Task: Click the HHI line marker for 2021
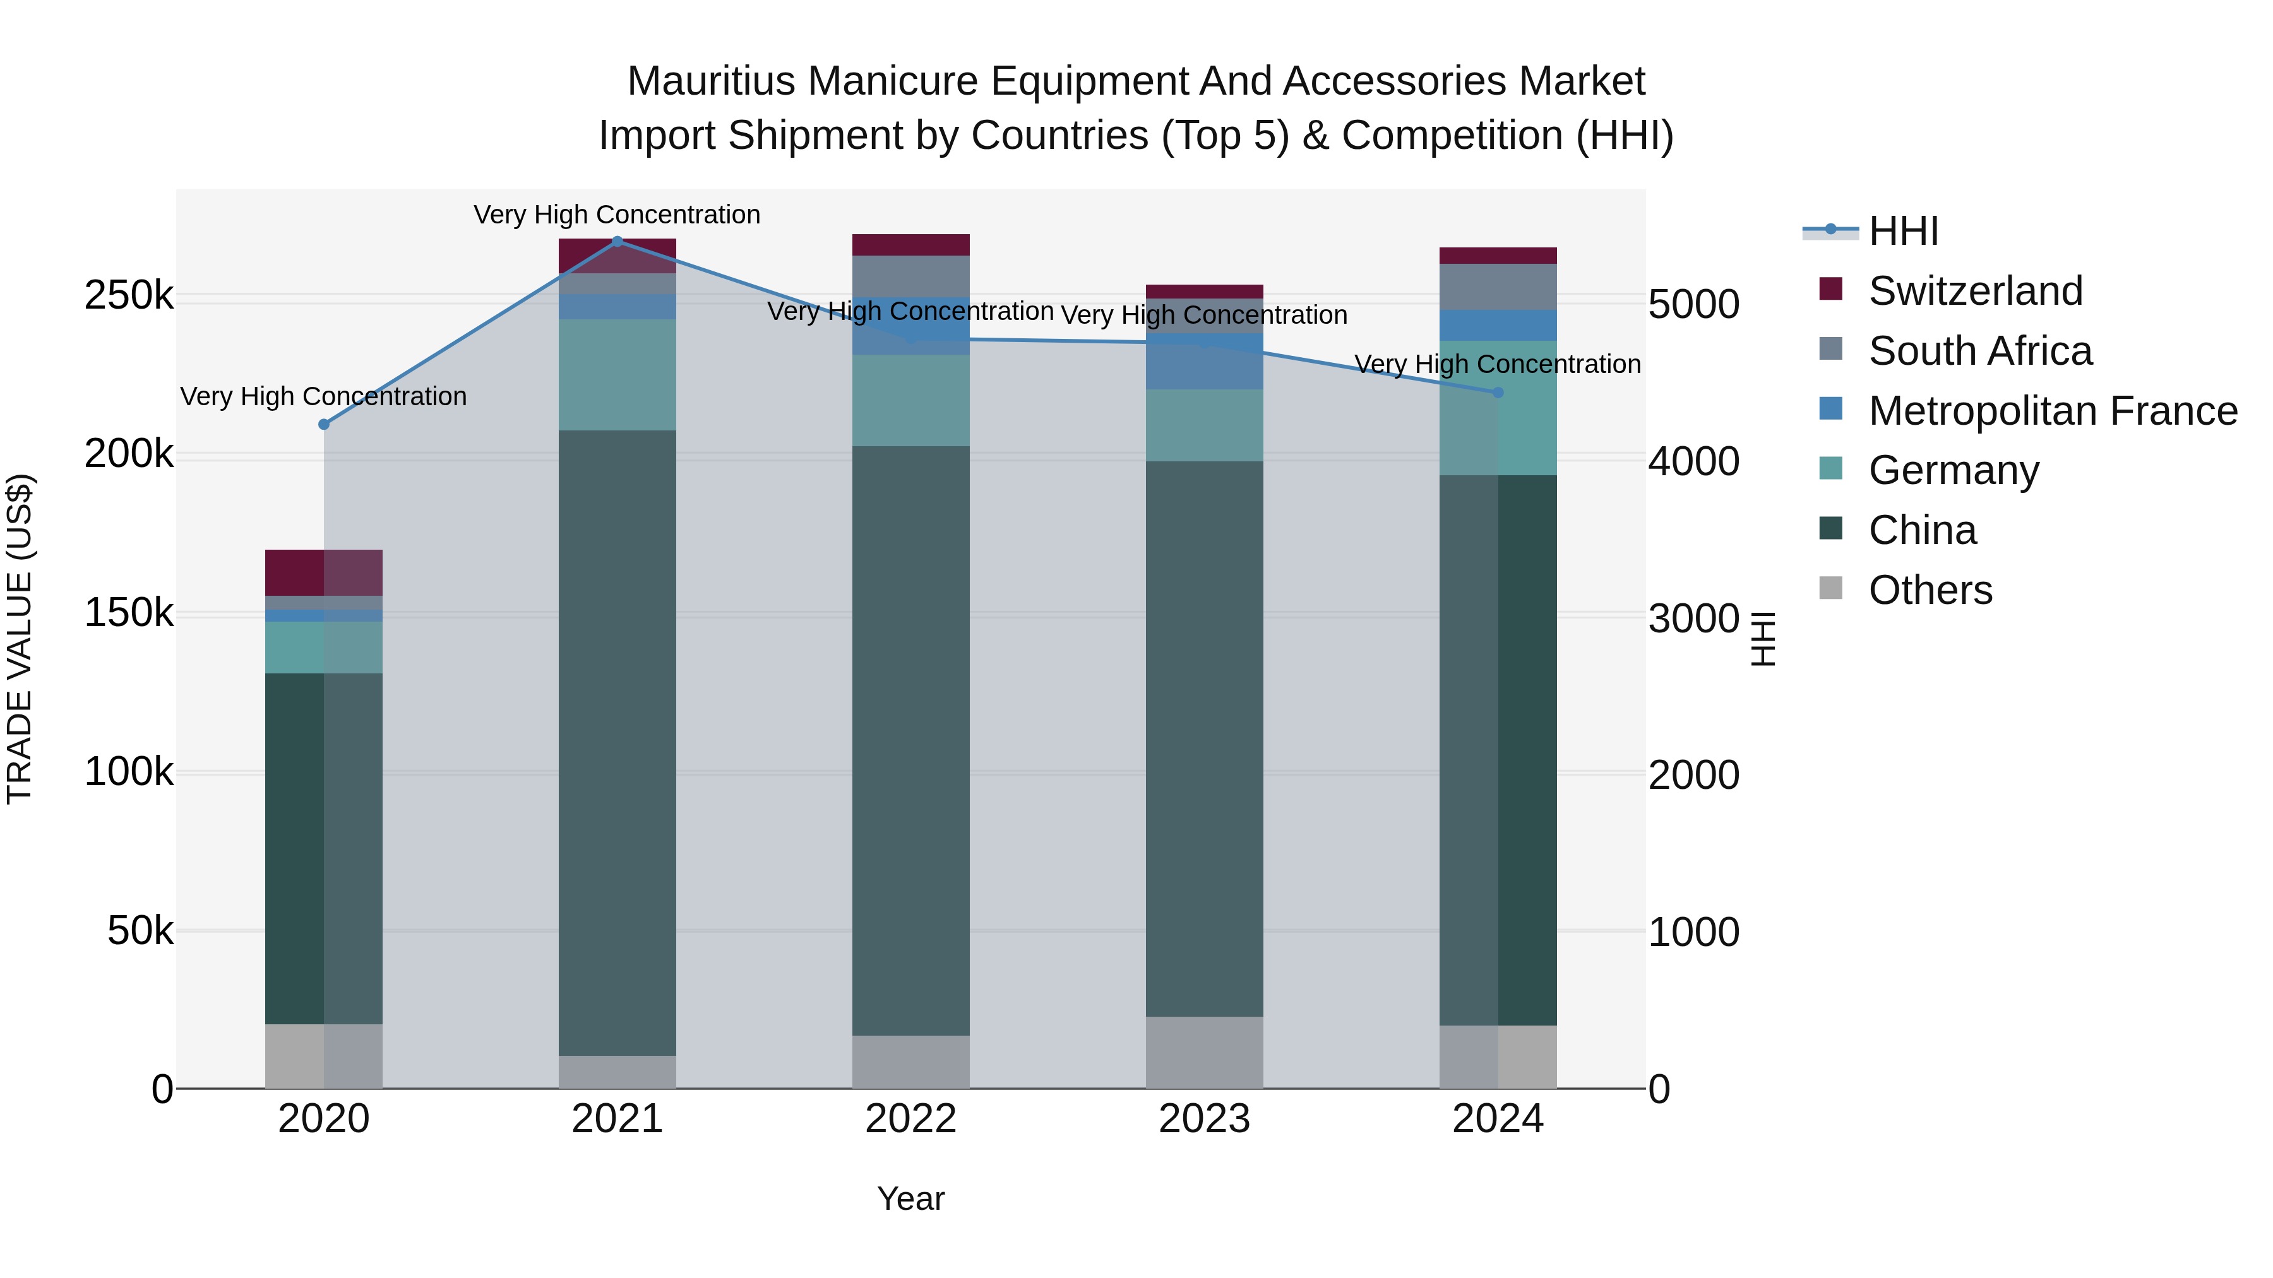[x=617, y=241]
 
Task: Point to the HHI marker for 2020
[x=324, y=424]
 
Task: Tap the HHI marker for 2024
[x=1498, y=393]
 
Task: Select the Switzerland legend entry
[x=1975, y=291]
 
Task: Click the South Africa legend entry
[x=1979, y=351]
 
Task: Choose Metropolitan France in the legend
[x=2053, y=411]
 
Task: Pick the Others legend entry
[x=1930, y=590]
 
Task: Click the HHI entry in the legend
[x=1902, y=231]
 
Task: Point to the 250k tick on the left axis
[x=129, y=297]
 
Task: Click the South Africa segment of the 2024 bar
[x=1498, y=287]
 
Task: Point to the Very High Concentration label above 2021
[x=617, y=215]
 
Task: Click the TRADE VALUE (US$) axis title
[x=20, y=639]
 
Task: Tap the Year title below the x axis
[x=910, y=1198]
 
